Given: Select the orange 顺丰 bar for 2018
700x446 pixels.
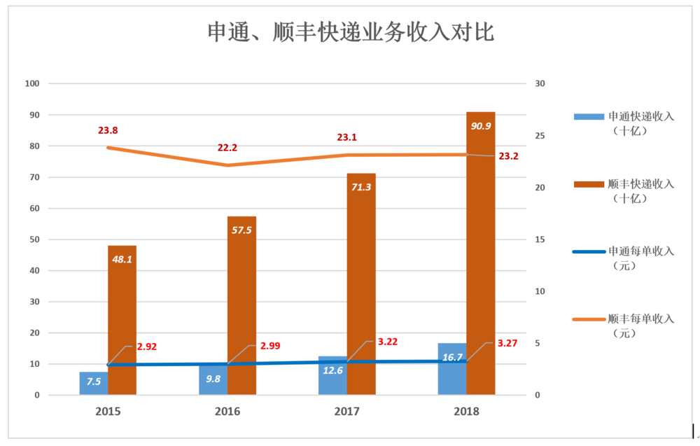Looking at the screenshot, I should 480,252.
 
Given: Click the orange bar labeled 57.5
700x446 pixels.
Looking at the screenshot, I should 241,305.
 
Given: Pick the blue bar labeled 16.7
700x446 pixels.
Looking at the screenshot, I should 452,369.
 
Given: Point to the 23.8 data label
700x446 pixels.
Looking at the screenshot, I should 108,130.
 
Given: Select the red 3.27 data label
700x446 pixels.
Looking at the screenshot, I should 508,344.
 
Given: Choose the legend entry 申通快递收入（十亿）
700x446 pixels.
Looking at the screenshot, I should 624,123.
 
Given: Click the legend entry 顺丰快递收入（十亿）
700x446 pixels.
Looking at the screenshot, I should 624,190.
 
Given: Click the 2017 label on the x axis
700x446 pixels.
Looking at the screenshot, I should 347,412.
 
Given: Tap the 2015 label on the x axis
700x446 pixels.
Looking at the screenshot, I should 108,412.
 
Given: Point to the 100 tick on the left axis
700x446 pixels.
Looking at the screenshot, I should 31,84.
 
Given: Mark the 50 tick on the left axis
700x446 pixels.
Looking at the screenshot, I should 33,239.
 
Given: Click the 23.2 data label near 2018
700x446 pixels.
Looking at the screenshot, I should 509,156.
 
